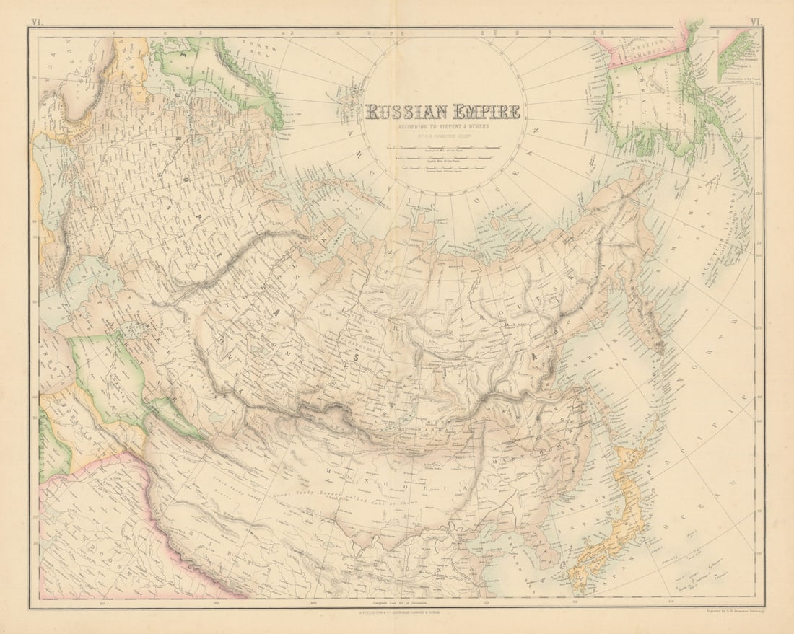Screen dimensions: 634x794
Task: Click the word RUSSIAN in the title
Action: (x=406, y=112)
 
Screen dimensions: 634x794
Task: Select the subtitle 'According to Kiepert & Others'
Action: (x=442, y=126)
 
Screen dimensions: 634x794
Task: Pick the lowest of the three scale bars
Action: (x=442, y=171)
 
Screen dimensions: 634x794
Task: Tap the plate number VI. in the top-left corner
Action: (x=36, y=22)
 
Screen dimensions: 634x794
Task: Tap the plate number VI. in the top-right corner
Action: (x=756, y=22)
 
